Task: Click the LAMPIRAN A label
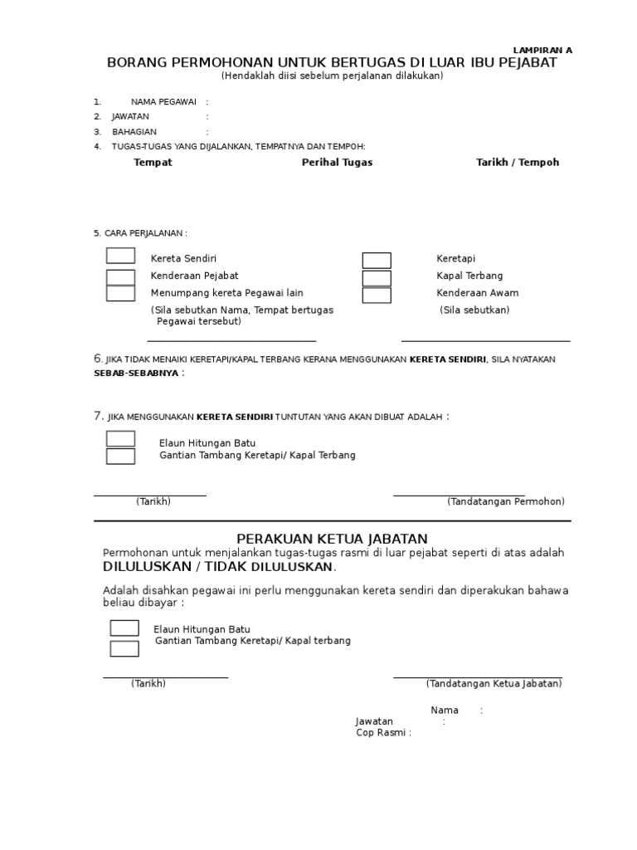(x=543, y=50)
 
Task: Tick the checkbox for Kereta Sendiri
(x=120, y=256)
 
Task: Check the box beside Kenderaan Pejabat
(x=120, y=276)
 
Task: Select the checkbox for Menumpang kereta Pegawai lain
(x=120, y=293)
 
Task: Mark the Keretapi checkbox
(x=377, y=260)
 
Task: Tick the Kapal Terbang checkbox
(x=377, y=277)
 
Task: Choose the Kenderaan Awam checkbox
(x=377, y=295)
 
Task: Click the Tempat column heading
(x=153, y=163)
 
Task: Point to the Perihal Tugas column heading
(x=337, y=163)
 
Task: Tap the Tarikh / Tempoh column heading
(x=518, y=163)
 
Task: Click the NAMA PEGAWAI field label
(x=163, y=102)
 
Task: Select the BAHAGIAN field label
(x=134, y=132)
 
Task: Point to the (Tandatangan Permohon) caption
(x=506, y=501)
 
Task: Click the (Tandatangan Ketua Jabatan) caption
(x=494, y=683)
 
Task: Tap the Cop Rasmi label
(x=382, y=733)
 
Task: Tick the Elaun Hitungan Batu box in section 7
(x=120, y=438)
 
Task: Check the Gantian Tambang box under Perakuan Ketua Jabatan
(x=124, y=648)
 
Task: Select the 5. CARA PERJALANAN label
(x=140, y=233)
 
